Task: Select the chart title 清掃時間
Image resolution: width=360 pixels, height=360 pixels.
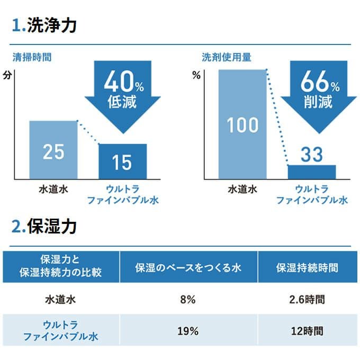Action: coord(32,57)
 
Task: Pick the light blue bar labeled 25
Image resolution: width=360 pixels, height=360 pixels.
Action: coord(53,150)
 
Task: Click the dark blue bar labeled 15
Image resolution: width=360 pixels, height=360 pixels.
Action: coord(122,161)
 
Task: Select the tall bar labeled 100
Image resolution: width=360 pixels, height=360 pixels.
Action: coord(242,124)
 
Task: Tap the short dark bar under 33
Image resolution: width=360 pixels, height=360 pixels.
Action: coord(311,172)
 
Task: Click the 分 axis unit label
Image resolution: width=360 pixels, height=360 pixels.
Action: coord(6,75)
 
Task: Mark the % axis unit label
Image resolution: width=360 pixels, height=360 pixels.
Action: coord(196,75)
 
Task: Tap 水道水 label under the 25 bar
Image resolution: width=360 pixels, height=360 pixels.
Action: coord(53,188)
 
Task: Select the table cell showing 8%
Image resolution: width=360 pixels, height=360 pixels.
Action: coord(188,299)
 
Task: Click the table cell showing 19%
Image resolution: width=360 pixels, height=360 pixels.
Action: coord(188,331)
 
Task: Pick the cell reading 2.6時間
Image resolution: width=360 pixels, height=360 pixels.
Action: coord(307,299)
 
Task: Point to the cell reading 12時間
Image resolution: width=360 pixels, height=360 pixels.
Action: coord(307,331)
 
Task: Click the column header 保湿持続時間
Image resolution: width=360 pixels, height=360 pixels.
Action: coord(307,267)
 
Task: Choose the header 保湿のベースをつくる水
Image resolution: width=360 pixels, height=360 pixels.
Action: coord(188,267)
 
